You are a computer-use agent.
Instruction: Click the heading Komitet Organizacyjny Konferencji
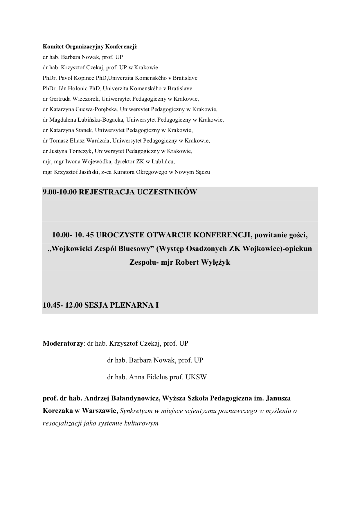[90, 46]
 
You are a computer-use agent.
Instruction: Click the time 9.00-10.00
[60, 192]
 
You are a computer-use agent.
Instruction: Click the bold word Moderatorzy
[63, 344]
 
